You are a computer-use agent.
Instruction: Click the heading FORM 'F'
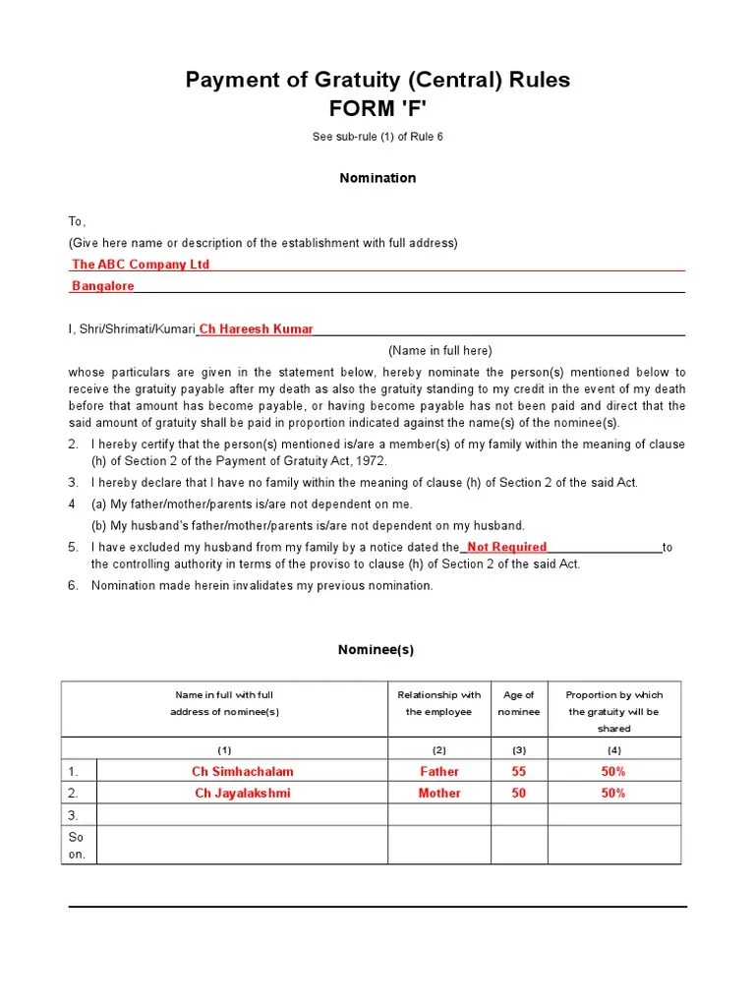click(x=377, y=107)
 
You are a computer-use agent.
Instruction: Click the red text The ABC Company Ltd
click(x=141, y=265)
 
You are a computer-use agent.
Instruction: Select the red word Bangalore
click(x=103, y=286)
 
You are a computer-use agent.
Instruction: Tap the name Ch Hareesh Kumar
click(x=257, y=329)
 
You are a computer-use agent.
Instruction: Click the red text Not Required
click(x=506, y=547)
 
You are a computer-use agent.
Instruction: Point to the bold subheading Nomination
click(x=377, y=178)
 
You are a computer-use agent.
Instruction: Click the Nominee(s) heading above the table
click(x=376, y=650)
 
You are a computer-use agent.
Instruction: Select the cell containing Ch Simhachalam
click(x=243, y=772)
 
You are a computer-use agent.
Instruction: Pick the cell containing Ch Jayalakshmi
click(x=243, y=793)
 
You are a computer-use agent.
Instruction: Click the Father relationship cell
click(x=438, y=772)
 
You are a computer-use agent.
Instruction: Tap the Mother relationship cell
click(x=438, y=793)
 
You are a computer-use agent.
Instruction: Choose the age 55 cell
click(x=518, y=772)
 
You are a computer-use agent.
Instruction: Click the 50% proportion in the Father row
click(x=613, y=772)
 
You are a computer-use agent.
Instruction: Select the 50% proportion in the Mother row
click(x=613, y=793)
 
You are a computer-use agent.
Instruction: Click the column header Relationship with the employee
click(x=438, y=703)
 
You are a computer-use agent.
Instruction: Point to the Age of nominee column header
click(x=518, y=703)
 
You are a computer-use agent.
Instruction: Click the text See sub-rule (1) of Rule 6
click(x=377, y=137)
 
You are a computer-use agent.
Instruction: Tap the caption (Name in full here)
click(x=439, y=351)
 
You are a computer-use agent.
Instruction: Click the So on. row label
click(x=77, y=846)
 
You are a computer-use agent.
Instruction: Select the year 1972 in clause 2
click(x=371, y=461)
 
